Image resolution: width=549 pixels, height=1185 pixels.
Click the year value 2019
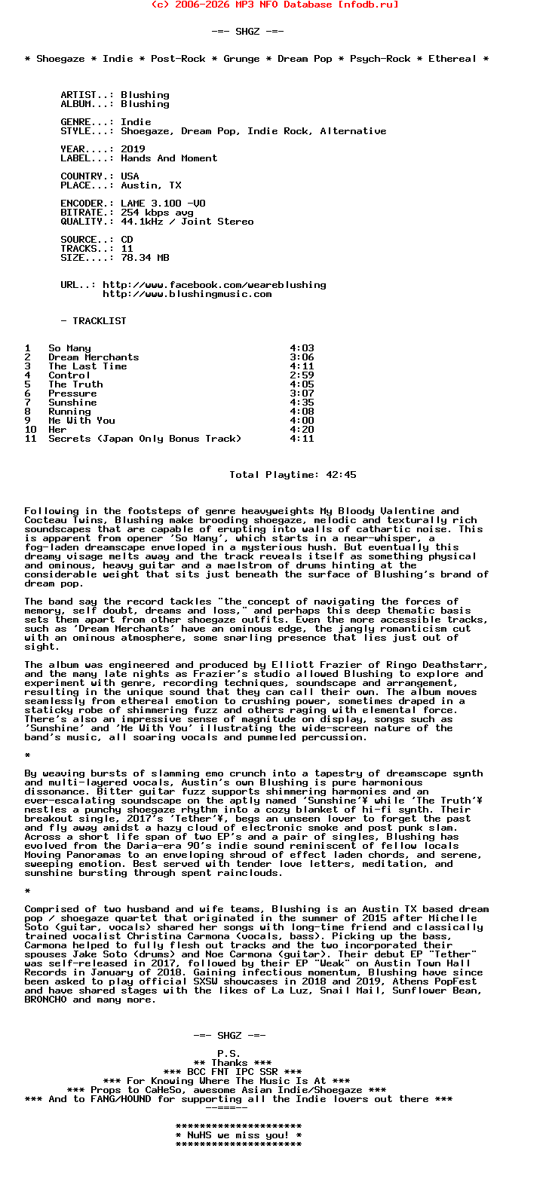(133, 149)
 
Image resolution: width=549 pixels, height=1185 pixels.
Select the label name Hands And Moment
(169, 158)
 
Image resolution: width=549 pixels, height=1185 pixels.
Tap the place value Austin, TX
(151, 185)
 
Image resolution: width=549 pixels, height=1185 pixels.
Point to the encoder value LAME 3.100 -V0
(163, 204)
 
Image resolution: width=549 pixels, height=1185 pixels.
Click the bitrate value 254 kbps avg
(157, 213)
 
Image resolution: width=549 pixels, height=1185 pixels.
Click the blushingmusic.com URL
(187, 294)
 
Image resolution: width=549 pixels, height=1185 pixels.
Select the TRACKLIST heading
(100, 321)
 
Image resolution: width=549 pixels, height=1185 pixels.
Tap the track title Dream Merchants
(94, 357)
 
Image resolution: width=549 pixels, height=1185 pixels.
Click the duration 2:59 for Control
(302, 375)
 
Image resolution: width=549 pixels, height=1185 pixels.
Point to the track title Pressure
(72, 393)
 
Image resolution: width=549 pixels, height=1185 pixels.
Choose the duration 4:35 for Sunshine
(302, 403)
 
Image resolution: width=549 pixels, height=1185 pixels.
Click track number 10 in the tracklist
(30, 430)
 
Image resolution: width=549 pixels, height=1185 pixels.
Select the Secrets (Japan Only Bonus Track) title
(145, 439)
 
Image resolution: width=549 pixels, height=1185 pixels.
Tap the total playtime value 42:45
(341, 475)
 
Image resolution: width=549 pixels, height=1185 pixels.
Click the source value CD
(127, 240)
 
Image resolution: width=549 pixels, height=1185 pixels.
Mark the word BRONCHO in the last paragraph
(48, 1000)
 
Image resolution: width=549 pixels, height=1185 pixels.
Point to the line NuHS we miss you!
(238, 1135)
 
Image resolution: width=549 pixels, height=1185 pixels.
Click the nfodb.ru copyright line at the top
(274, 5)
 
